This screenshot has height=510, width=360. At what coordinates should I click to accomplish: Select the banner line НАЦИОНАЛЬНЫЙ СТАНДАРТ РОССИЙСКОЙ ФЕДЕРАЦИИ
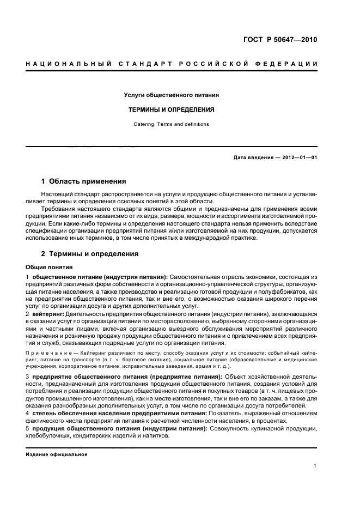click(x=171, y=64)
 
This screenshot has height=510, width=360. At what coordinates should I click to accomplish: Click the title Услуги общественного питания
click(x=171, y=95)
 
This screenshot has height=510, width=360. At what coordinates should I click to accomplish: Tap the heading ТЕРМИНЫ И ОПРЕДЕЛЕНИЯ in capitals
click(x=171, y=110)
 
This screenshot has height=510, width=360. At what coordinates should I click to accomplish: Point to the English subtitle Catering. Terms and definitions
click(x=171, y=124)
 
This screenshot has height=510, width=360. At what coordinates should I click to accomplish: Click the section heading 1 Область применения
click(x=84, y=181)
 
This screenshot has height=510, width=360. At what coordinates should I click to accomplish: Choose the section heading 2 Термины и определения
click(x=90, y=254)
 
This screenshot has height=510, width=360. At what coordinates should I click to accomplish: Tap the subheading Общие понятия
click(x=49, y=268)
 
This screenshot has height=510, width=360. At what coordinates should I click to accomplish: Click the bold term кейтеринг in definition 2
click(x=48, y=314)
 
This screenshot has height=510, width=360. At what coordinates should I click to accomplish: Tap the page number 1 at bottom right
click(x=315, y=466)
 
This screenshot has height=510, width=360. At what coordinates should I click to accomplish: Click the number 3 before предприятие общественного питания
click(x=28, y=377)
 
